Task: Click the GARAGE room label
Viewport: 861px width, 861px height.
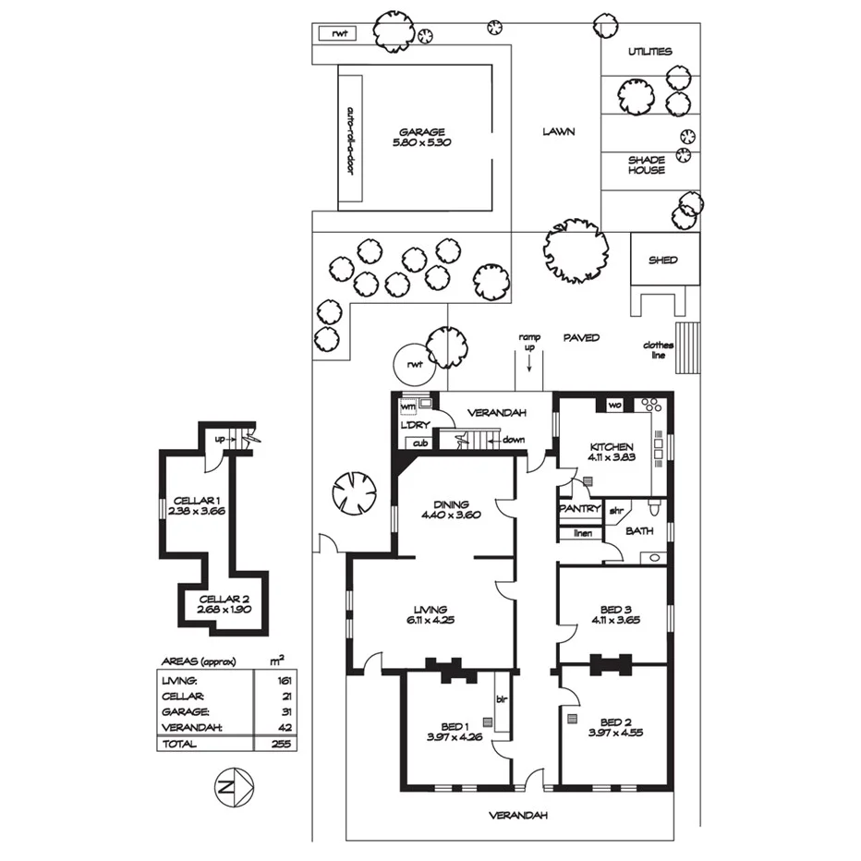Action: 422,132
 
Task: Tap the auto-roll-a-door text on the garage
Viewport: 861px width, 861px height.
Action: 350,140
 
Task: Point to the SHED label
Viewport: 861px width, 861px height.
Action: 662,261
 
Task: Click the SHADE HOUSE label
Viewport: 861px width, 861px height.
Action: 647,164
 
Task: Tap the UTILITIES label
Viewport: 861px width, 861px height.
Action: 649,52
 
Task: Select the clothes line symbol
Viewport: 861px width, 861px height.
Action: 686,347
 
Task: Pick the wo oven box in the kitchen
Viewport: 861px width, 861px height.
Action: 613,406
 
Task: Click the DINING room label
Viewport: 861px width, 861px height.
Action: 450,504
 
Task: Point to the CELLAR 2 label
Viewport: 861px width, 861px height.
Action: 223,599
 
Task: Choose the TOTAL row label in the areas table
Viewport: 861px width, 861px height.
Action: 179,743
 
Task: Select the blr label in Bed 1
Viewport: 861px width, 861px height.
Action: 503,699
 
